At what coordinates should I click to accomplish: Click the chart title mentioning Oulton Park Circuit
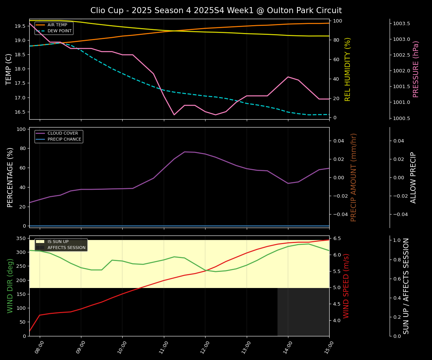(216, 10)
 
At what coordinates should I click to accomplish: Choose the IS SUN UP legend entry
(58, 242)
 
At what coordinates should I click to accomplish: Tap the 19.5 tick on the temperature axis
(20, 26)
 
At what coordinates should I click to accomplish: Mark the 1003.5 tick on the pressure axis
(401, 24)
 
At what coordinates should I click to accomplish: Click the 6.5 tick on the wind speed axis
(336, 238)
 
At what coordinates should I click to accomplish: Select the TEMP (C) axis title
(9, 69)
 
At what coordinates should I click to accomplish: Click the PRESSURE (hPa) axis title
(416, 69)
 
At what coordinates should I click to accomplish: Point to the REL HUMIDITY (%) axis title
(348, 69)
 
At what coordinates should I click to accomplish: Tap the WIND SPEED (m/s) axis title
(346, 286)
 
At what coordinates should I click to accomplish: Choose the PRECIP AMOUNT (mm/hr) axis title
(354, 177)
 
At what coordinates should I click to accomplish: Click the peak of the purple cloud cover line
(184, 152)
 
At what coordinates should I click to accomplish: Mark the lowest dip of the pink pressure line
(174, 115)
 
